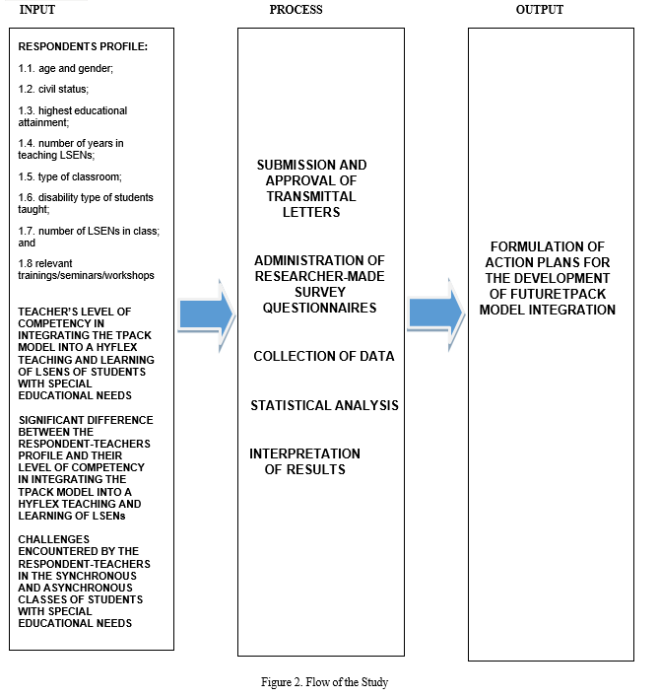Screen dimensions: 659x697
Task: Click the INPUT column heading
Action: [36, 9]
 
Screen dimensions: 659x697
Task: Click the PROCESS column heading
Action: [296, 9]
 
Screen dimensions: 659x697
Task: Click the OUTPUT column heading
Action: [540, 9]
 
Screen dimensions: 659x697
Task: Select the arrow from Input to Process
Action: [207, 314]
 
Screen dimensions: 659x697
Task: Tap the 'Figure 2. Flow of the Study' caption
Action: [325, 682]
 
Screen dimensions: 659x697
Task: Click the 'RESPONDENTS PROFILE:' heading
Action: [83, 46]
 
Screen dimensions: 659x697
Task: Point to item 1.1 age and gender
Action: [66, 68]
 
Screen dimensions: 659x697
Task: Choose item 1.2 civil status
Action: [53, 89]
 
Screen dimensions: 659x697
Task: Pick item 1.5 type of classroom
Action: [70, 176]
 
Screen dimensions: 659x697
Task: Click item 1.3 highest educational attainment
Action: [72, 116]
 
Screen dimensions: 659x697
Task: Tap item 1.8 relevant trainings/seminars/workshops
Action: [86, 269]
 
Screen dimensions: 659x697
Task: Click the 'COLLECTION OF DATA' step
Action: [324, 356]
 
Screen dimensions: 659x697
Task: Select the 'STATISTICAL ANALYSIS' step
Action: [325, 405]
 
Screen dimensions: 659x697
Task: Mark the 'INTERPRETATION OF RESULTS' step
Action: [304, 461]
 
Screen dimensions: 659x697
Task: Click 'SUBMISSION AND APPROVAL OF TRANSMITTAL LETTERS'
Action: [311, 188]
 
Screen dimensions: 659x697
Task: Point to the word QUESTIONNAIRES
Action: [320, 308]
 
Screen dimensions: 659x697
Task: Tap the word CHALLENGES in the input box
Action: [54, 539]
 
